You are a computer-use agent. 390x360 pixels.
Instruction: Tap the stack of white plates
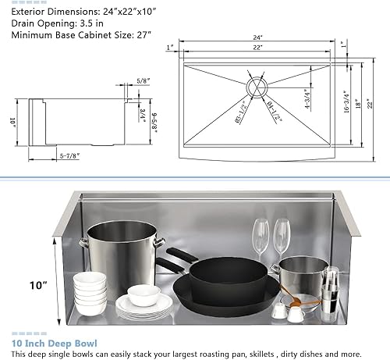pos(144,307)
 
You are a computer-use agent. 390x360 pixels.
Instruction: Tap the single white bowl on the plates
pos(144,294)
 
